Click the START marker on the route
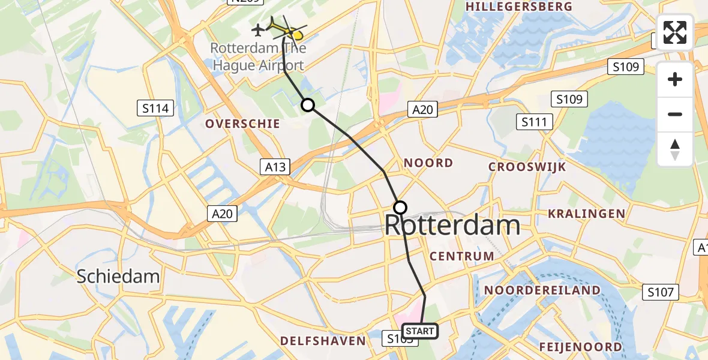click(x=419, y=331)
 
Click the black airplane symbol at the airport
click(x=259, y=29)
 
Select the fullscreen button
click(x=675, y=32)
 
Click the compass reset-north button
click(x=675, y=149)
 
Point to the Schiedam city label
click(x=118, y=276)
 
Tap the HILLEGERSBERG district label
click(x=518, y=6)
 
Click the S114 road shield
click(x=155, y=109)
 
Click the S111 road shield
click(x=533, y=122)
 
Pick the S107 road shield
click(x=661, y=292)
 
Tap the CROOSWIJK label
click(x=527, y=167)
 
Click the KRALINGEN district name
click(x=586, y=213)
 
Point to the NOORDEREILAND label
click(x=542, y=290)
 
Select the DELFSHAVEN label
click(x=323, y=341)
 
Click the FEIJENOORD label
click(x=580, y=347)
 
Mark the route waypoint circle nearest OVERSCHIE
click(x=308, y=106)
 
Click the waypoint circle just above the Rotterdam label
click(x=400, y=208)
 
